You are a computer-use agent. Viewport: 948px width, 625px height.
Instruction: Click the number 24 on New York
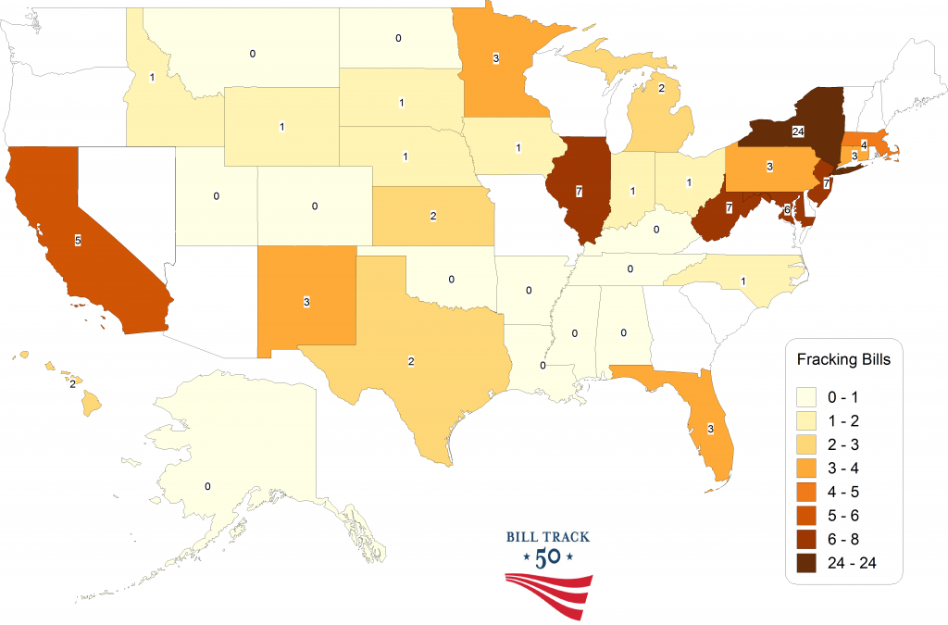(798, 132)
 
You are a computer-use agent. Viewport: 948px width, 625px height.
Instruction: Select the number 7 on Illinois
(578, 191)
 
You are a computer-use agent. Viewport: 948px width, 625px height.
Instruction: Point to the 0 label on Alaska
(207, 486)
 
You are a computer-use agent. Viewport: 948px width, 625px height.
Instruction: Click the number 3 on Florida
(710, 429)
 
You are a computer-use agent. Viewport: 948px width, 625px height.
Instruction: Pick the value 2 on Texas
(410, 359)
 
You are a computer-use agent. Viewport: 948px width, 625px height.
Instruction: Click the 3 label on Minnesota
(497, 59)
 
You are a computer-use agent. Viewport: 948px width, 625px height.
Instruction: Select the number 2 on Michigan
(661, 89)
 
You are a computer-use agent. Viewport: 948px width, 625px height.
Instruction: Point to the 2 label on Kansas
(433, 216)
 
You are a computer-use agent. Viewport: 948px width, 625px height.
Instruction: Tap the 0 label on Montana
(253, 54)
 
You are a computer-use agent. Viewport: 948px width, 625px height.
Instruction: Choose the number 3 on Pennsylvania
(769, 168)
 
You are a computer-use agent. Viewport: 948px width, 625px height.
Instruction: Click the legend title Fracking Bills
(843, 359)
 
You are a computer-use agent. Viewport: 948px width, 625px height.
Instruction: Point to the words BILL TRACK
(548, 536)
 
